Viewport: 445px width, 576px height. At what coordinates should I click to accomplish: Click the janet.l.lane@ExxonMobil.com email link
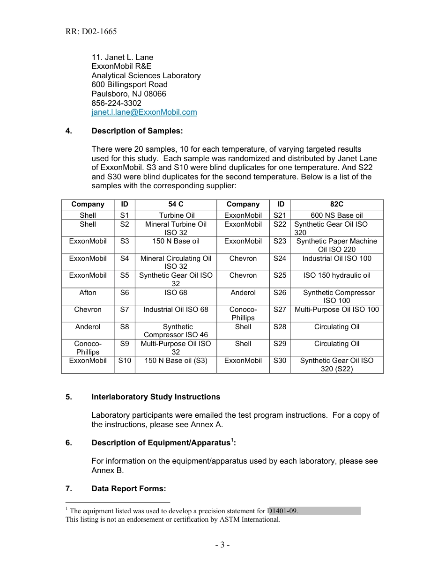(x=144, y=112)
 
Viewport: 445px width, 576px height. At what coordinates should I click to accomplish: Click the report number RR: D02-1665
(x=91, y=32)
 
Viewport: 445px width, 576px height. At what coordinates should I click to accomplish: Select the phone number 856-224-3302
(x=117, y=103)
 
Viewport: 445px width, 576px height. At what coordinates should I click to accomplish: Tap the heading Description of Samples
(x=137, y=131)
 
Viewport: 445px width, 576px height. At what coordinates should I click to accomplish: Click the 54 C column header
(x=176, y=204)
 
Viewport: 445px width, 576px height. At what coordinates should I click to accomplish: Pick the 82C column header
(x=336, y=204)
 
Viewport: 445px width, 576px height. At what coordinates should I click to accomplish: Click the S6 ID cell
(x=124, y=293)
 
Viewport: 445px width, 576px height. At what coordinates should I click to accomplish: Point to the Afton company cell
(x=88, y=293)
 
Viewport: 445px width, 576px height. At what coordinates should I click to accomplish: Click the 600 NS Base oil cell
(x=336, y=215)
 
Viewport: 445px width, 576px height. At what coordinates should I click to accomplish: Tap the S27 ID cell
(x=280, y=310)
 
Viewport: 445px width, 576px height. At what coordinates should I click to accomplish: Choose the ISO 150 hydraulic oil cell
(x=336, y=275)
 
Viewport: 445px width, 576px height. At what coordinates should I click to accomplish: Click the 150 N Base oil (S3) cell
(x=176, y=361)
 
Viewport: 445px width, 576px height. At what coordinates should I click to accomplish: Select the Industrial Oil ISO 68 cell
(x=176, y=310)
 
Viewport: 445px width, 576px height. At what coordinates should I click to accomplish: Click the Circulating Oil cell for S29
(x=336, y=344)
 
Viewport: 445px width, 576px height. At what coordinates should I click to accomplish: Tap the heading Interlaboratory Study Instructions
(x=156, y=397)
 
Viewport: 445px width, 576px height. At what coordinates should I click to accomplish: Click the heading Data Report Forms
(x=129, y=489)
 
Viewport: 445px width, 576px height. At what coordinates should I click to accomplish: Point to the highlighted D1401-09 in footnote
(x=283, y=511)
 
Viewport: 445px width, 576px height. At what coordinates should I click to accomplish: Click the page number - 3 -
(x=222, y=545)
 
